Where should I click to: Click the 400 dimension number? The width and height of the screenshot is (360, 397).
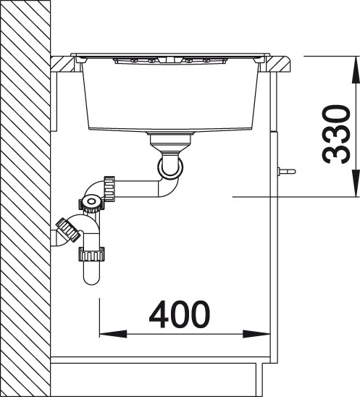180,314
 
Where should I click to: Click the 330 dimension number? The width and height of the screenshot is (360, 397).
336,134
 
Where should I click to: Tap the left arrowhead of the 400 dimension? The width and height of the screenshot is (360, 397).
113,334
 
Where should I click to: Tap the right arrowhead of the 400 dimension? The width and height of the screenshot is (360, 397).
256,334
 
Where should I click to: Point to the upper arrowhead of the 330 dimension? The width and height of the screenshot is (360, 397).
356,69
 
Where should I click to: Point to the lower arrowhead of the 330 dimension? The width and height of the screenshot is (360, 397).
356,183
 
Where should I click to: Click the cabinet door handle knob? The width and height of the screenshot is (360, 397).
286,171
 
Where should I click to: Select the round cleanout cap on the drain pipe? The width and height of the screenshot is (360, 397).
91,202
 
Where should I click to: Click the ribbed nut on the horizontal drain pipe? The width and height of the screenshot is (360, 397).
109,188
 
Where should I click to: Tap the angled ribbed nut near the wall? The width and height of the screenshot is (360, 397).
68,230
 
